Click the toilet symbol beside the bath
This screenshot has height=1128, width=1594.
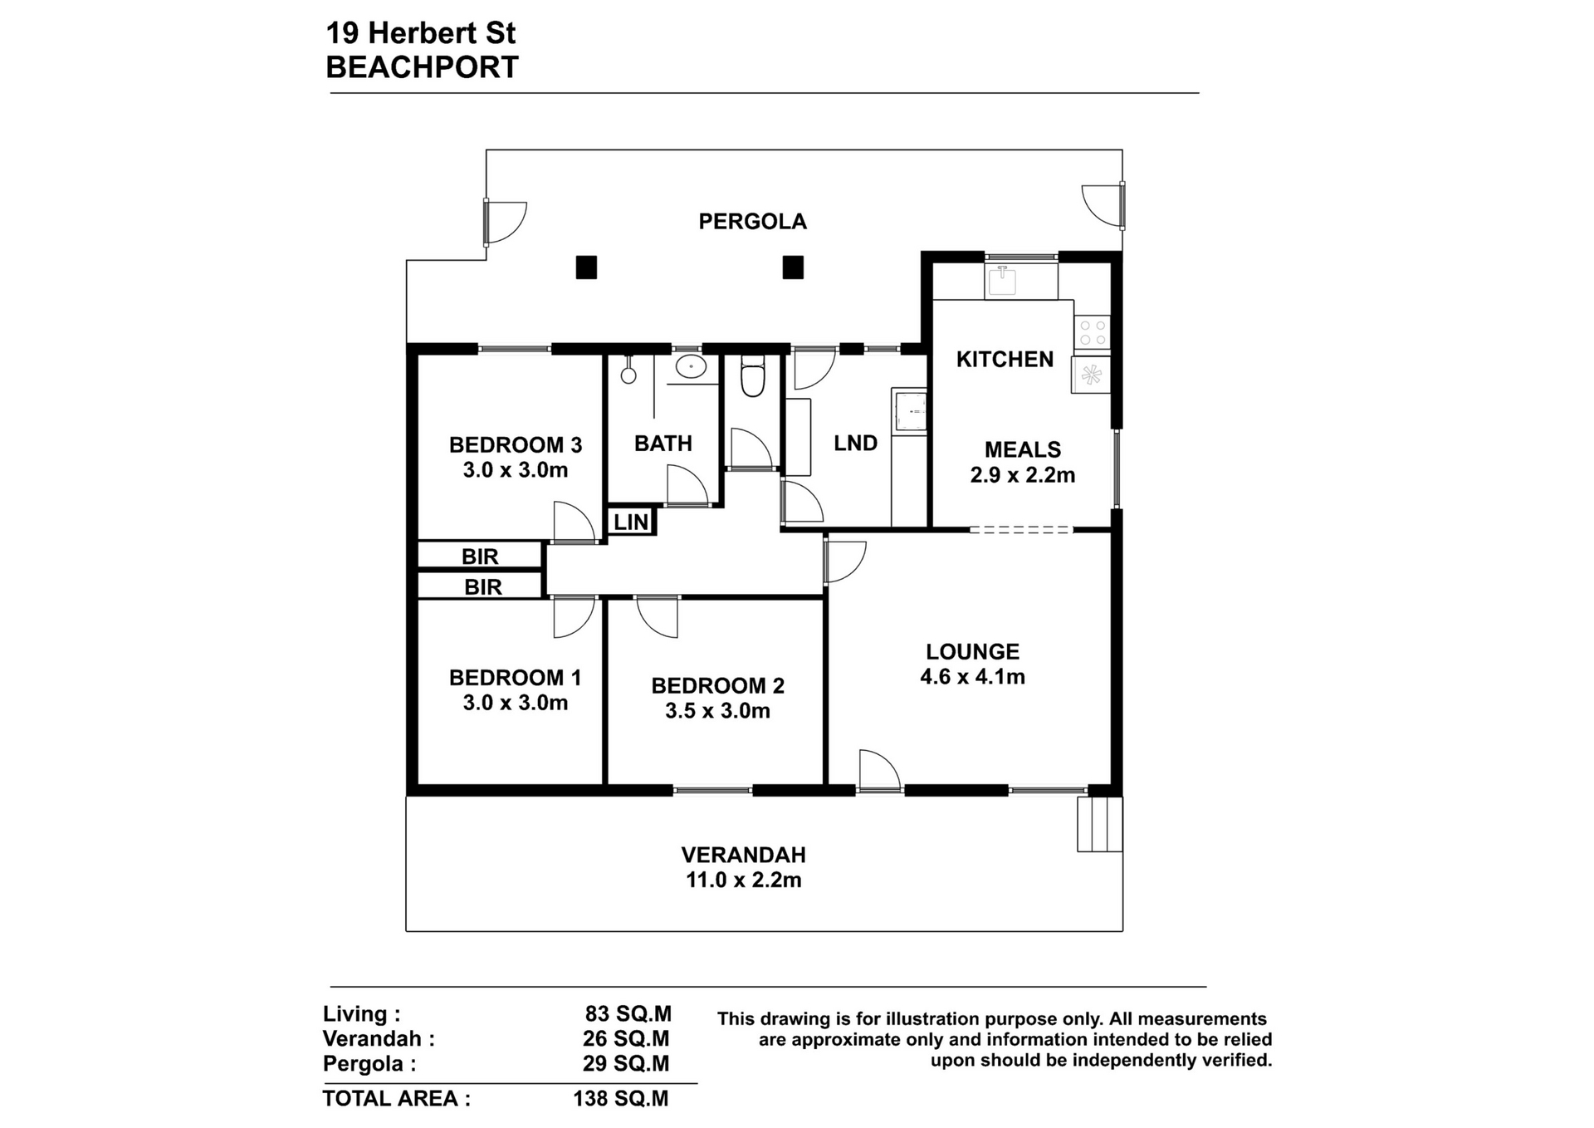coord(752,376)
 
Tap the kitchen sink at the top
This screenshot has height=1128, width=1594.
coord(1003,281)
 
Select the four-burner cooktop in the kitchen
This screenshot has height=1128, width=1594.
coord(1092,332)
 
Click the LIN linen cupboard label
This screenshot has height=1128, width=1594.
coord(631,522)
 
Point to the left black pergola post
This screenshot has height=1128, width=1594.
coord(586,267)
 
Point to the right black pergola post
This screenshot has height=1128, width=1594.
coord(793,267)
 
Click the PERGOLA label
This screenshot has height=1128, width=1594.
coord(752,221)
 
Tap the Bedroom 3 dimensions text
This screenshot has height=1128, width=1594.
coord(516,470)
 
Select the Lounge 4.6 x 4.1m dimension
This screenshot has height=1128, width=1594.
coord(972,677)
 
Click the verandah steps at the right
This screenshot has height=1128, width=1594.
coord(1099,824)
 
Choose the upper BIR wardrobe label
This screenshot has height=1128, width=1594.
coord(480,557)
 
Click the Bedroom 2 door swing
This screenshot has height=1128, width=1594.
coord(658,617)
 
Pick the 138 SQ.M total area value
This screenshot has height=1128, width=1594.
coord(620,1099)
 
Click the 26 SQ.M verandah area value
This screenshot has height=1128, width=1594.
coord(626,1039)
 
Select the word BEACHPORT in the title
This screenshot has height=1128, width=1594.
coord(422,67)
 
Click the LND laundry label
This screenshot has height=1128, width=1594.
coord(855,444)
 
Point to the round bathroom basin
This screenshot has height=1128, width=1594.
coord(690,366)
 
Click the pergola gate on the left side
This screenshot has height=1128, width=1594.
coord(505,223)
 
